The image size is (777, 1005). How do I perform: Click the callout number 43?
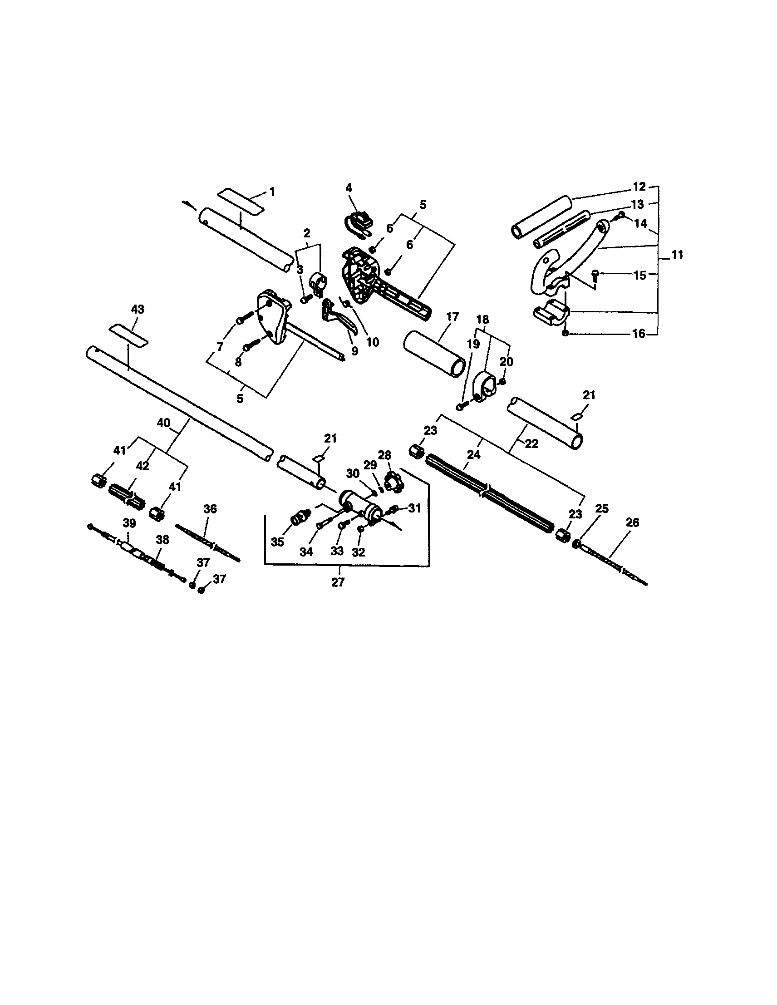click(x=138, y=309)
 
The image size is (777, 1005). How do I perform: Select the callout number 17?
click(x=452, y=317)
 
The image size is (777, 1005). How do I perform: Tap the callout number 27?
click(x=338, y=582)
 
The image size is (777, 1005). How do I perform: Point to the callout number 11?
click(x=677, y=255)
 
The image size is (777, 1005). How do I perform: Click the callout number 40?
click(x=164, y=423)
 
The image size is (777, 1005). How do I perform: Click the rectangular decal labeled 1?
click(x=241, y=201)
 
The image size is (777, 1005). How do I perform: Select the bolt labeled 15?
click(x=595, y=276)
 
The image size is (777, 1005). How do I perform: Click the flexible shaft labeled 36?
click(x=208, y=543)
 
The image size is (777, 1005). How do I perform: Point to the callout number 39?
click(x=130, y=523)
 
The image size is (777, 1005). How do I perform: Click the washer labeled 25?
click(x=575, y=544)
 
